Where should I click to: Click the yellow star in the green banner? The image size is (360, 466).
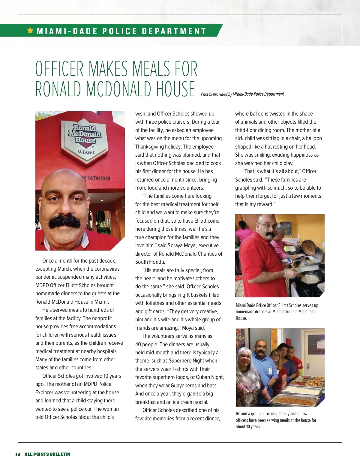coord(30,30)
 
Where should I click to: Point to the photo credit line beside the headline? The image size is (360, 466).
coord(242,94)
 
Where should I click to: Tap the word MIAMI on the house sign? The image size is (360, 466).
coord(86,152)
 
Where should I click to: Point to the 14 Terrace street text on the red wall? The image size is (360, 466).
coord(97,178)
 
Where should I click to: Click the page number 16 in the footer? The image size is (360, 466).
coord(18,454)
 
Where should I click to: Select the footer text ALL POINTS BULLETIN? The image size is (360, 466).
coord(47,454)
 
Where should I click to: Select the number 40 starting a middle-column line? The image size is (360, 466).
coord(138,344)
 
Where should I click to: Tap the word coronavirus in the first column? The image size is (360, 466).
coord(103,269)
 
